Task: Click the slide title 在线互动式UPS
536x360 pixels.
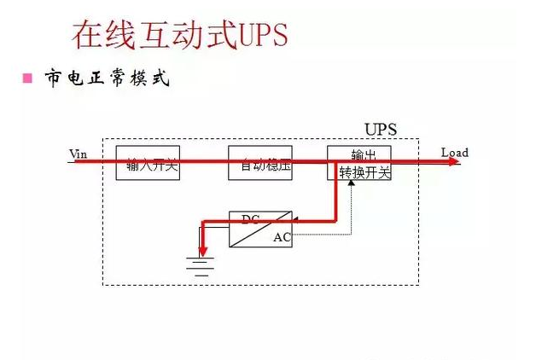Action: (x=178, y=35)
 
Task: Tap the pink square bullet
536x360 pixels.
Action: (x=26, y=78)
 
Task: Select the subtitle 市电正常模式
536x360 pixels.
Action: (x=107, y=78)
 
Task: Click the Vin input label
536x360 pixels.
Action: (x=78, y=154)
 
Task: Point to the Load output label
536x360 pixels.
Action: (x=454, y=153)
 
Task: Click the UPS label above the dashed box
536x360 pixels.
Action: (x=381, y=130)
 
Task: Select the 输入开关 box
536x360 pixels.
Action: (x=148, y=162)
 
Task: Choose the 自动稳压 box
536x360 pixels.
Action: (x=260, y=162)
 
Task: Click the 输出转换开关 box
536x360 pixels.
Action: (x=359, y=162)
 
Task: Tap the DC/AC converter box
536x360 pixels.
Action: (x=260, y=229)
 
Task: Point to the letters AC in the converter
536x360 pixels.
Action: (x=282, y=238)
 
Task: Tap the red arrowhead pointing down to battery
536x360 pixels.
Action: (x=202, y=250)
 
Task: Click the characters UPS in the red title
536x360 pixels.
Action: (x=259, y=36)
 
